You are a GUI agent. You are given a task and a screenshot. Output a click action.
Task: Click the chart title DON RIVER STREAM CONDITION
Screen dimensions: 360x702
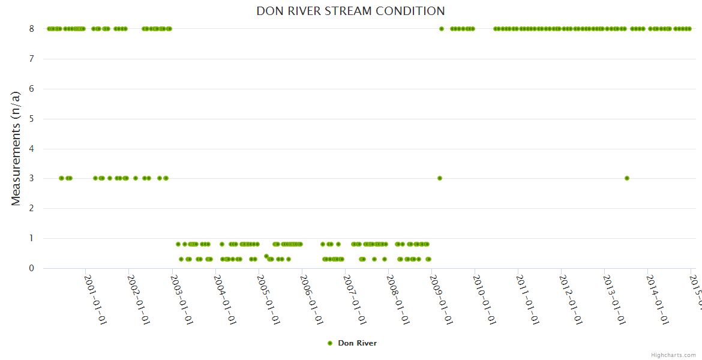[x=350, y=11]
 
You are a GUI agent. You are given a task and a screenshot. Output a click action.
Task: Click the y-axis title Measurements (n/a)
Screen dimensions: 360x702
[x=16, y=148]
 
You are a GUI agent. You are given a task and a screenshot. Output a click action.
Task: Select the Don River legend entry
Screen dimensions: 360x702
[x=357, y=343]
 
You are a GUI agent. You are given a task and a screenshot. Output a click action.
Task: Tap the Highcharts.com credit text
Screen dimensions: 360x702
[x=673, y=355]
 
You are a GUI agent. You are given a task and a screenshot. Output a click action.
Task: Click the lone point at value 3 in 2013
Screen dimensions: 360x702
[x=627, y=178]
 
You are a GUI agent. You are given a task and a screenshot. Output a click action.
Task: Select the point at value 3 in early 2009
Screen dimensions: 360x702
[x=440, y=178]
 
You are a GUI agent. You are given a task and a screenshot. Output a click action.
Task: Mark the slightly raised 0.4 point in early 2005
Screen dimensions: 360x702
[x=266, y=256]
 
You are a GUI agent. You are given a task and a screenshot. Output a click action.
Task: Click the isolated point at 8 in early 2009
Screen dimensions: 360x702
[x=442, y=29]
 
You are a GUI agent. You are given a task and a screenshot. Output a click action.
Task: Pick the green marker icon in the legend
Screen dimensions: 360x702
[x=329, y=343]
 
